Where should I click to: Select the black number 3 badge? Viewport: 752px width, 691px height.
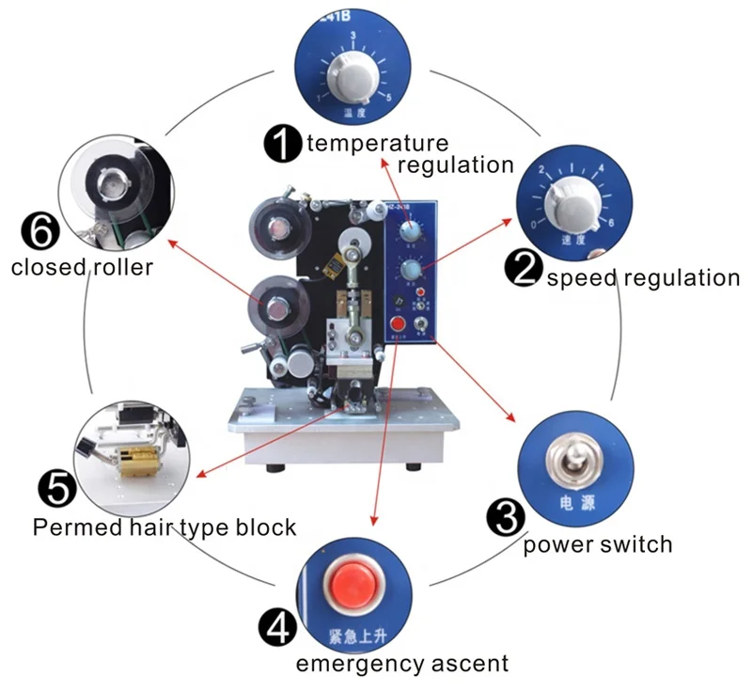[x=504, y=518]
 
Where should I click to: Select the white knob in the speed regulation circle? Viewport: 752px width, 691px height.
[x=570, y=200]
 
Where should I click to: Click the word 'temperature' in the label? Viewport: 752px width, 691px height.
[x=377, y=144]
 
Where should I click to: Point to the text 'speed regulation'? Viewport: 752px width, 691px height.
[x=643, y=277]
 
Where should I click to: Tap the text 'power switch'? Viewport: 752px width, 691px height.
[x=598, y=544]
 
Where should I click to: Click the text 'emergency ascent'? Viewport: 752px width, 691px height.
[x=402, y=664]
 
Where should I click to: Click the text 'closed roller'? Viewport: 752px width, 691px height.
[x=82, y=268]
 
